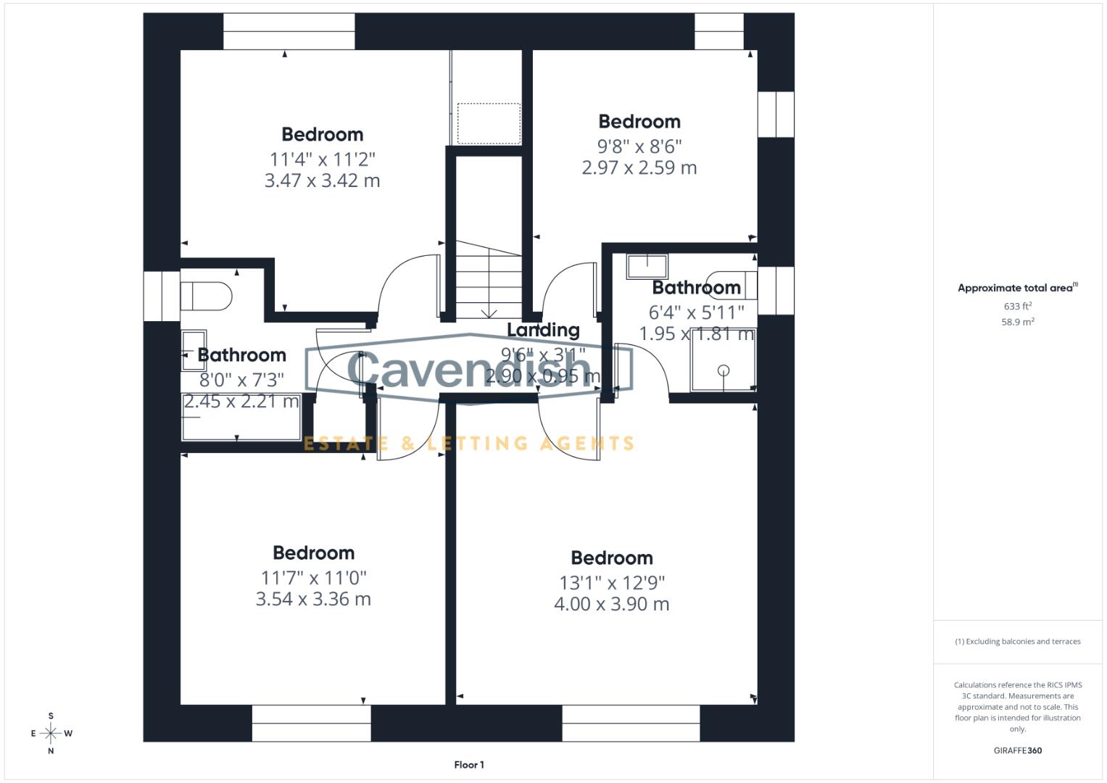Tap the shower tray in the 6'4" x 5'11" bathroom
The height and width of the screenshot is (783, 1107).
pos(724,361)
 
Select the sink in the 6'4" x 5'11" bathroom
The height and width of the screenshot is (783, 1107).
pos(647,266)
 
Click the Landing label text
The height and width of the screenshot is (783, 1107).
pos(543,330)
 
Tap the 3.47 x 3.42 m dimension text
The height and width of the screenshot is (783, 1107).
pos(322,181)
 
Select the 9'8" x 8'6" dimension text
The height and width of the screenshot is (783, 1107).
pos(639,146)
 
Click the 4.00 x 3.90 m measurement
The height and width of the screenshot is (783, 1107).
pos(611,604)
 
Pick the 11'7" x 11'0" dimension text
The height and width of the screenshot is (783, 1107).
pos(313,578)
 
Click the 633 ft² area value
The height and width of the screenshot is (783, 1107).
pos(1017,306)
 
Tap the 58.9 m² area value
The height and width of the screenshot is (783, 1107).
pos(1017,322)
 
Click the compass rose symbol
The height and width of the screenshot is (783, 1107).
pos(51,733)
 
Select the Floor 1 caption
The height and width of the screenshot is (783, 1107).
pos(469,765)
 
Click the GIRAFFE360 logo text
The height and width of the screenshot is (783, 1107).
pos(1017,750)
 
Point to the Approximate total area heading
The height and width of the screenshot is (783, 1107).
pos(1017,288)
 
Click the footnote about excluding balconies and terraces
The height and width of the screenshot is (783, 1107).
pos(1017,642)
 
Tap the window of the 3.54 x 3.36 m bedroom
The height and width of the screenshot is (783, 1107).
pos(312,723)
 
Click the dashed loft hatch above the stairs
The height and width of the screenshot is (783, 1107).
pos(489,123)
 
